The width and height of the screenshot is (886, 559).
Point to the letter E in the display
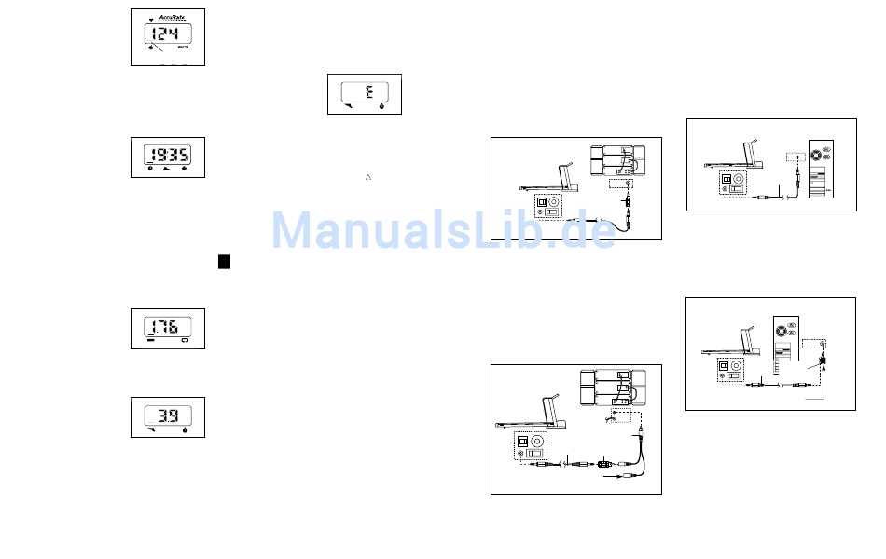[x=368, y=91]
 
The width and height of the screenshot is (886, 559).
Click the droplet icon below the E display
[x=381, y=107]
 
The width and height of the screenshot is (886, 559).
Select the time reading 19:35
[x=168, y=156]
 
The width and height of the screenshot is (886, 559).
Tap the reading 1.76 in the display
[x=167, y=327]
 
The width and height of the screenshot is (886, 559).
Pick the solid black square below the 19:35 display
[x=225, y=262]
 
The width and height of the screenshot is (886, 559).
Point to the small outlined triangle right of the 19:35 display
[x=368, y=175]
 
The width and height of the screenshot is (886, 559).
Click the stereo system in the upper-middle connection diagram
[x=616, y=160]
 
